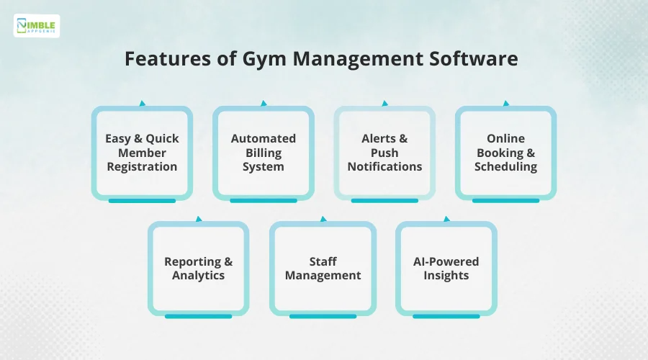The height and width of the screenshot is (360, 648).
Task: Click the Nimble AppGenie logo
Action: tap(37, 26)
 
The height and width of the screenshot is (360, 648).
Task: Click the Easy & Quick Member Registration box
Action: tap(142, 152)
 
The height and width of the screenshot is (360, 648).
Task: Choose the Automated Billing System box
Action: tap(263, 152)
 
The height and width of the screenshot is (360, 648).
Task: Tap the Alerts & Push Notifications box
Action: tap(384, 152)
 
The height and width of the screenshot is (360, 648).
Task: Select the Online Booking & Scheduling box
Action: tap(505, 152)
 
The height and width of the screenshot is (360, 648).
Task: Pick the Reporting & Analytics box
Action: tap(198, 268)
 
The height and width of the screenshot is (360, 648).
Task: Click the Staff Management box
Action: tap(323, 268)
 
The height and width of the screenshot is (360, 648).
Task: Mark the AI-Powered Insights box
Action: tap(446, 268)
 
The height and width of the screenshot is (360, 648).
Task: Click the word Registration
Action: tap(142, 166)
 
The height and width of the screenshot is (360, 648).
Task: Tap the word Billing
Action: tap(263, 153)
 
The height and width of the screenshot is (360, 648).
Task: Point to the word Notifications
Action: tap(384, 166)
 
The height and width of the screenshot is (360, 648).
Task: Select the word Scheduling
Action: tap(505, 166)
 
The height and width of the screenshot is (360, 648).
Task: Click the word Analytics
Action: tap(198, 275)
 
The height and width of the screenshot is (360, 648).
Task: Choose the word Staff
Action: tap(323, 261)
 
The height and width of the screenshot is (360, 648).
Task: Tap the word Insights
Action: tap(446, 275)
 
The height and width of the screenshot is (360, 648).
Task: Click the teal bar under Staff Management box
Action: tap(323, 316)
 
